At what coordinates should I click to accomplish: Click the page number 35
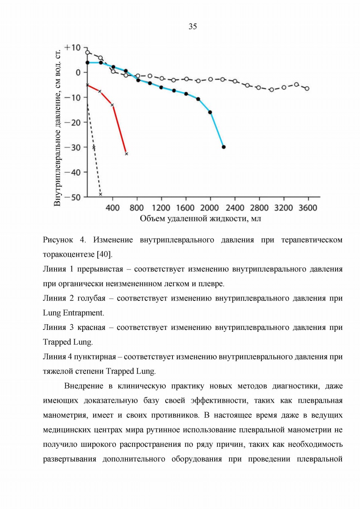[192, 27]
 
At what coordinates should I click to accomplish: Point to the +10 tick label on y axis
[72, 48]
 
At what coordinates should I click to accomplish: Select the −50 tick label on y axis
[72, 197]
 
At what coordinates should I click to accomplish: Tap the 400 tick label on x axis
[112, 208]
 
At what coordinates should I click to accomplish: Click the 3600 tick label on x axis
[308, 208]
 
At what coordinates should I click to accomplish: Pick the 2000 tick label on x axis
[210, 208]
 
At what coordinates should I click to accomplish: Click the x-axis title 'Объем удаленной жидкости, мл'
[200, 219]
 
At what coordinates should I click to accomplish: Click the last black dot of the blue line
[224, 147]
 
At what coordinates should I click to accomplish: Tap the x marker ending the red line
[127, 154]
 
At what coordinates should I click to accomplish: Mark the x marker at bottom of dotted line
[100, 194]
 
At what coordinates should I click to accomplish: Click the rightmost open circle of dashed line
[307, 88]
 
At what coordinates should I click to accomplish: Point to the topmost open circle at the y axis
[87, 52]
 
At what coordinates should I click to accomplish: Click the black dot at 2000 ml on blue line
[210, 112]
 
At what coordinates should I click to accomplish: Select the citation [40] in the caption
[105, 254]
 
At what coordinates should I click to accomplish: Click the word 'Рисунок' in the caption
[58, 240]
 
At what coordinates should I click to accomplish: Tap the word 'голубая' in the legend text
[91, 298]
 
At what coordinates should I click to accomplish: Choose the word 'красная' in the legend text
[91, 327]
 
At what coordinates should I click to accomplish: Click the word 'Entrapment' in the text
[83, 313]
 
